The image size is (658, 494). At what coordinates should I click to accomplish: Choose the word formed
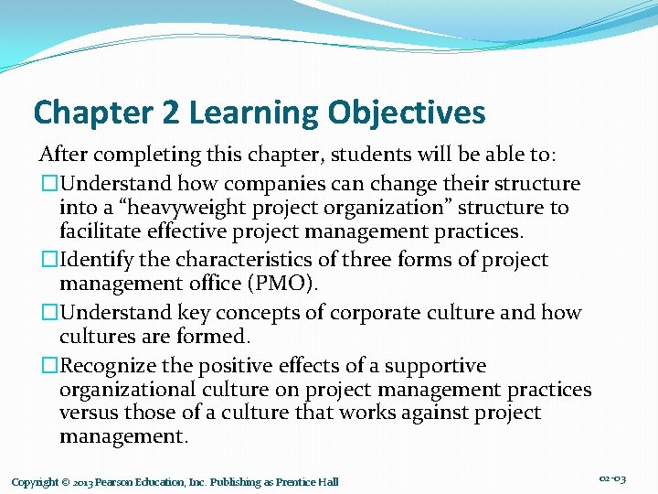coord(220,336)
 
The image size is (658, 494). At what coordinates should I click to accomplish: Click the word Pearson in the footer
coord(116,482)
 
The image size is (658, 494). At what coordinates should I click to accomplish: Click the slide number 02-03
coord(612,479)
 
